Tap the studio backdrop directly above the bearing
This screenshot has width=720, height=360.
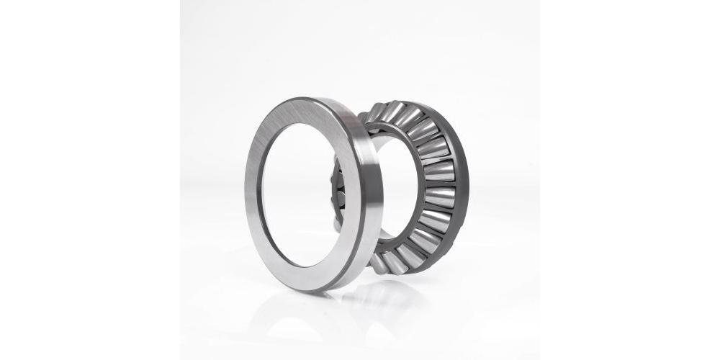tap(360, 43)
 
